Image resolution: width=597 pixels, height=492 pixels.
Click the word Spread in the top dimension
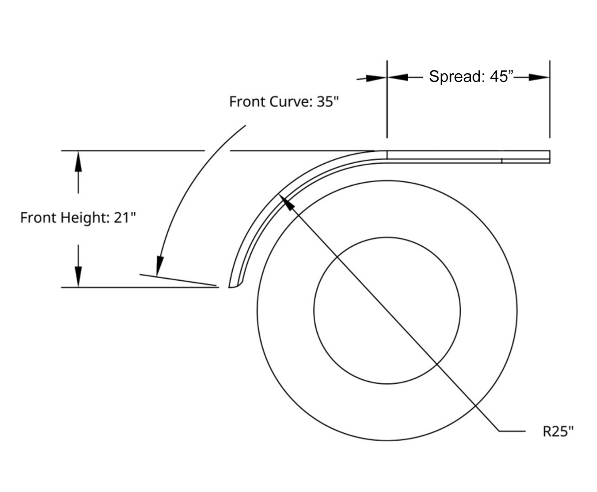point(456,77)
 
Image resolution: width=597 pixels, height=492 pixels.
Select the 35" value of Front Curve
point(328,101)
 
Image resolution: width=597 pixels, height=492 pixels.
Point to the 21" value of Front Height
point(124,217)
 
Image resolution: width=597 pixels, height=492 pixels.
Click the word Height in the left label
point(85,218)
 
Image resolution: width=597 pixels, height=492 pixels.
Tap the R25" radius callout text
point(558,432)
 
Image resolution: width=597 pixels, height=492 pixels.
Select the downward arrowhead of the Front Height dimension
point(78,277)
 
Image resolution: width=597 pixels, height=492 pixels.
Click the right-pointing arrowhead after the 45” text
point(538,77)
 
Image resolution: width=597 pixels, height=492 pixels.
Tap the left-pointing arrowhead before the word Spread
point(398,77)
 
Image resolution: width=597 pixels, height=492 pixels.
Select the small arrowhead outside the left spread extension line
point(377,78)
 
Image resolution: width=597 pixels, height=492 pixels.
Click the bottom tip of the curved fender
point(229,287)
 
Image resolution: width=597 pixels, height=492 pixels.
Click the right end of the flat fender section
point(549,157)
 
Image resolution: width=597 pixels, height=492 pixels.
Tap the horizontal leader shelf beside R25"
point(512,431)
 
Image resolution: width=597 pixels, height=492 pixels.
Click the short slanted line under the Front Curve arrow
point(178,280)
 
